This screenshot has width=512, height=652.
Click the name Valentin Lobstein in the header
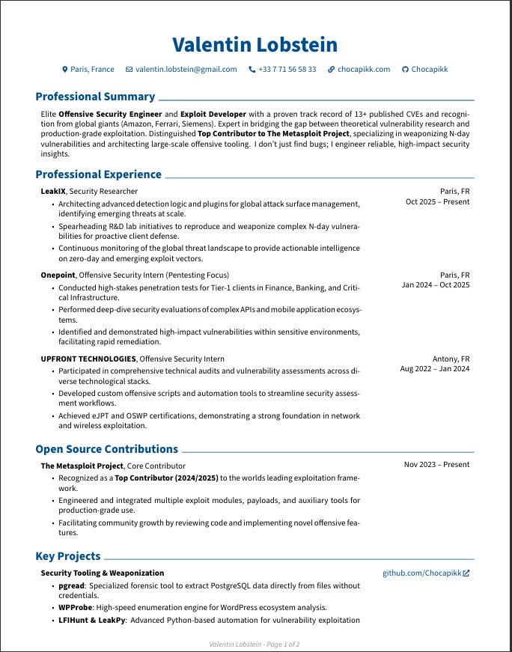coord(255,45)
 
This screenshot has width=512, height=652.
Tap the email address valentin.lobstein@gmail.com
coord(186,69)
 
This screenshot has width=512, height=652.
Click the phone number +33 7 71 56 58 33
coord(287,69)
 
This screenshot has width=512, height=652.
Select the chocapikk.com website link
coord(364,69)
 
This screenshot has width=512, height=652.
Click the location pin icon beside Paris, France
coord(64,69)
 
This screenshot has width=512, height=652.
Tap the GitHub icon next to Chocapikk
coord(405,69)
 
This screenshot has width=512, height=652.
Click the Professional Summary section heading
coord(95,97)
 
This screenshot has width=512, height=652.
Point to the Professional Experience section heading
coord(98,174)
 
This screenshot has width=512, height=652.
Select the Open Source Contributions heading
coord(106,449)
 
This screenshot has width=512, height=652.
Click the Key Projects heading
coord(67,556)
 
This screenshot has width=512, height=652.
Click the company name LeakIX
coord(54,191)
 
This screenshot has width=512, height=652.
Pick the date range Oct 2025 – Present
coord(437,201)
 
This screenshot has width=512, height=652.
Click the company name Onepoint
coord(58,275)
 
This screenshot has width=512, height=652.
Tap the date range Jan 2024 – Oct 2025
coord(435,285)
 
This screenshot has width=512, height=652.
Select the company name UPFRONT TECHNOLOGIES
coord(88,359)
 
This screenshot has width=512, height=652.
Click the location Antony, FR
coord(451,359)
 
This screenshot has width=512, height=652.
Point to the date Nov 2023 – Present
coord(436,465)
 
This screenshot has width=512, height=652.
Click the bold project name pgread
coord(71,585)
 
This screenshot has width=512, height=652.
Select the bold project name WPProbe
coord(75,607)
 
